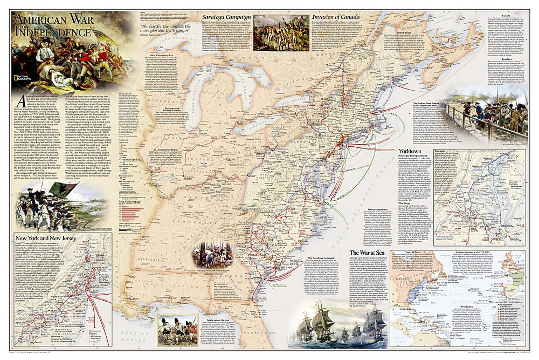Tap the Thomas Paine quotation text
point(166,29)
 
